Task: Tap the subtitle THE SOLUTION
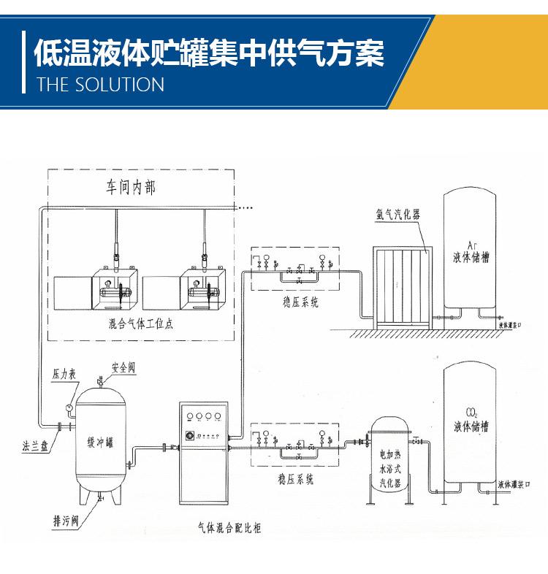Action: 100,85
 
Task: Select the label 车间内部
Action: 131,188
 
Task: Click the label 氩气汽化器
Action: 398,215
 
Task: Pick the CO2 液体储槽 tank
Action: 471,424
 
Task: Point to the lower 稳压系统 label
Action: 296,480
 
